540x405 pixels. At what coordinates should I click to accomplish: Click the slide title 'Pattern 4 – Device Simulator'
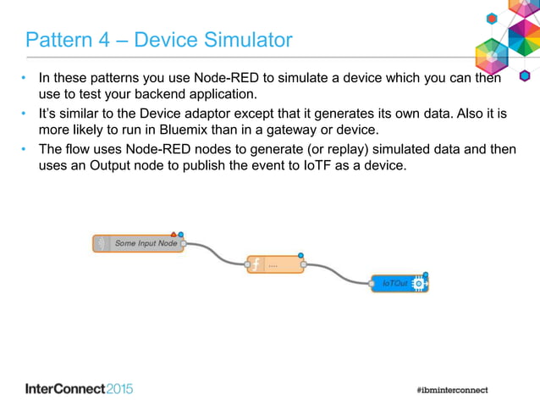159,40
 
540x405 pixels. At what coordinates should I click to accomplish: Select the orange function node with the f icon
275,265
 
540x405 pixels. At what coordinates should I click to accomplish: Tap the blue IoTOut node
399,283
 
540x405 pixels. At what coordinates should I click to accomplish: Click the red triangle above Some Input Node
174,233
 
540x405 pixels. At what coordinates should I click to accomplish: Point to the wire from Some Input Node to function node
216,253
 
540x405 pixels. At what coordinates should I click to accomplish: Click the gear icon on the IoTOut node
418,284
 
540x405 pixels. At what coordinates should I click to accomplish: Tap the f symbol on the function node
256,265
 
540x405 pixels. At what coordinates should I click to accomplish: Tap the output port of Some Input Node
184,243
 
